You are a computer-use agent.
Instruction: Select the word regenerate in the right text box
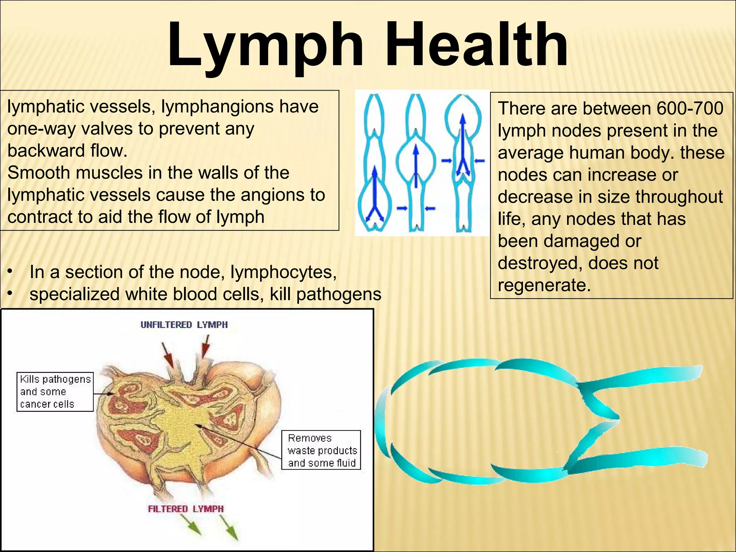click(x=544, y=285)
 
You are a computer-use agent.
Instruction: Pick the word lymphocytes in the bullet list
click(x=283, y=272)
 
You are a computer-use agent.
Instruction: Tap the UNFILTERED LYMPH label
click(x=184, y=325)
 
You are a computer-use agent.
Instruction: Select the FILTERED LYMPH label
click(x=186, y=509)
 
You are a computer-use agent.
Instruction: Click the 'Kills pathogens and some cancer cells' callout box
click(x=55, y=392)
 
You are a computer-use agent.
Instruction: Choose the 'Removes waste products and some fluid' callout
click(x=321, y=450)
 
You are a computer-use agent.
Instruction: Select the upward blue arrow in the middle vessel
click(x=416, y=165)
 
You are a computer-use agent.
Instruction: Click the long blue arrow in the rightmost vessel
click(x=463, y=144)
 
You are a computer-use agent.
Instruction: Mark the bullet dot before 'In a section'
click(x=11, y=272)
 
